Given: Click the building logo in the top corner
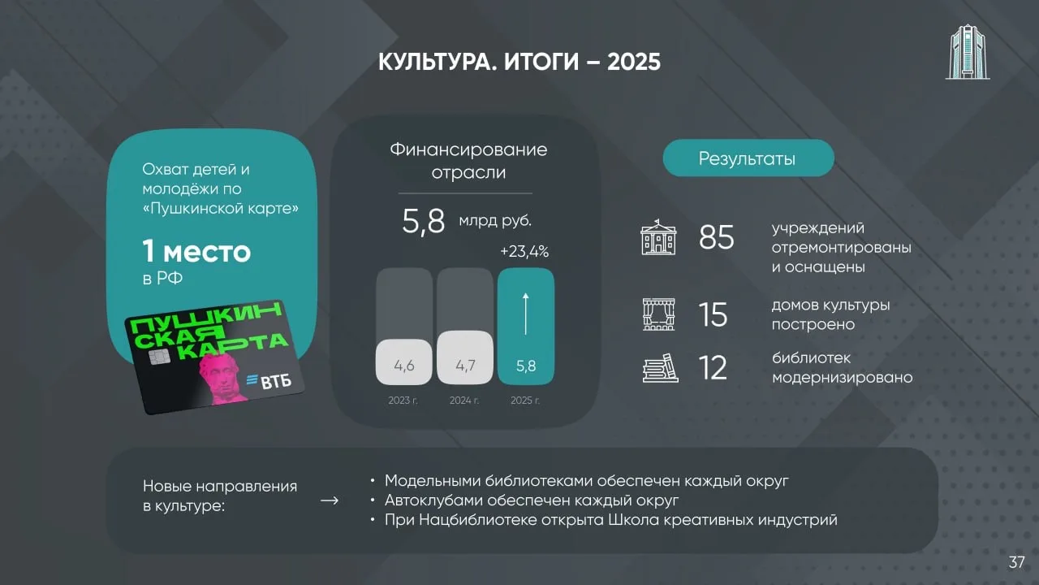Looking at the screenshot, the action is [968, 52].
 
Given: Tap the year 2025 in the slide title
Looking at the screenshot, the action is [634, 62].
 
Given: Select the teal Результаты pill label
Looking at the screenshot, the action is [748, 158].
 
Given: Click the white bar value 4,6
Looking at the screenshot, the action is [404, 366].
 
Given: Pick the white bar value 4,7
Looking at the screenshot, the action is [465, 366].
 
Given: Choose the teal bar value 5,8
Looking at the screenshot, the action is [526, 366].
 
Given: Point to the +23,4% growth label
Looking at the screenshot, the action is [524, 252].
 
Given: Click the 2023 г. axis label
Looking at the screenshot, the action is [403, 401].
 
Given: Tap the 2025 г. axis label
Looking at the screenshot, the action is [525, 401].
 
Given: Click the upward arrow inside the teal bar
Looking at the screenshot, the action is [525, 314].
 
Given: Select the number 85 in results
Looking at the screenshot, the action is [716, 237].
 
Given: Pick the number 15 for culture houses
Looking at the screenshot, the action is [714, 314].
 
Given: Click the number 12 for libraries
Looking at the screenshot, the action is [713, 368].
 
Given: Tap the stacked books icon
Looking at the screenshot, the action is [661, 368].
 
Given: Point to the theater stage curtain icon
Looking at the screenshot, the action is [658, 314].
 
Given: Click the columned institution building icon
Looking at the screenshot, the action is [658, 237].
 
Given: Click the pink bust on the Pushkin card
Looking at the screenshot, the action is [222, 379].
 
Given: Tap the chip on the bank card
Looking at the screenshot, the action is [159, 357].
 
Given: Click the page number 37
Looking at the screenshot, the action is [1016, 562].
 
